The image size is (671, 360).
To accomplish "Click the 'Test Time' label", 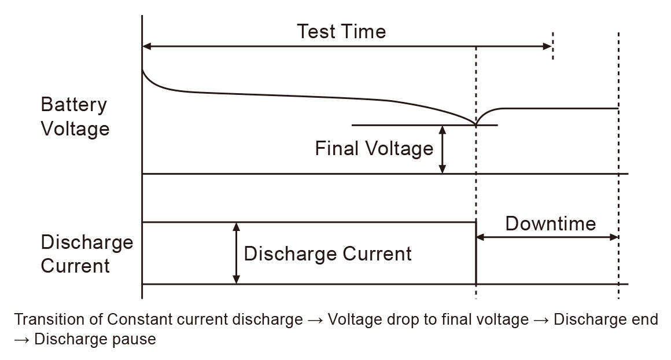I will (341, 31).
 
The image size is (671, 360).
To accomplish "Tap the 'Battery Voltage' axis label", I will (75, 116).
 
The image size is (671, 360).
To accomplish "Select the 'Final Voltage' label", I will (374, 149).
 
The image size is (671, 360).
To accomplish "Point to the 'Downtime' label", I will (550, 223).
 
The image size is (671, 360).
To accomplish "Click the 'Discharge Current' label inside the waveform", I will (327, 254).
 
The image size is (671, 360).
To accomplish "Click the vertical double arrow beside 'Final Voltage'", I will (443, 149).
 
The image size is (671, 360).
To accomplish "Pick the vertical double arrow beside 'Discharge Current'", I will (235, 253).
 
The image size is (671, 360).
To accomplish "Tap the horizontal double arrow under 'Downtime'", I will (547, 237).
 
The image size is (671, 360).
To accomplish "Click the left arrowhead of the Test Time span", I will (146, 46).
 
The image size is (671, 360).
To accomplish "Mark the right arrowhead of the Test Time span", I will (548, 46).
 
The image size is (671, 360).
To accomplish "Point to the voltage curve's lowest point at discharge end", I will (476, 124).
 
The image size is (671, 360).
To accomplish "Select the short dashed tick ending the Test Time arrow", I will (553, 46).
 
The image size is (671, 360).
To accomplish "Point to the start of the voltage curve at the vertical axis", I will (142, 69).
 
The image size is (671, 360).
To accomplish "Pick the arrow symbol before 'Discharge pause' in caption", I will (21, 339).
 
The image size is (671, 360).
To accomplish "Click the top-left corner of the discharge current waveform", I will (143, 222).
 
